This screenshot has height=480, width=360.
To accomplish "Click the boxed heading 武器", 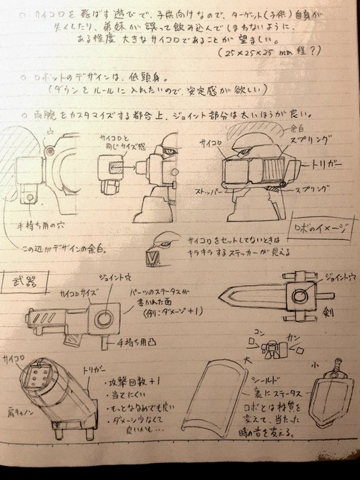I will click(23, 280).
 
